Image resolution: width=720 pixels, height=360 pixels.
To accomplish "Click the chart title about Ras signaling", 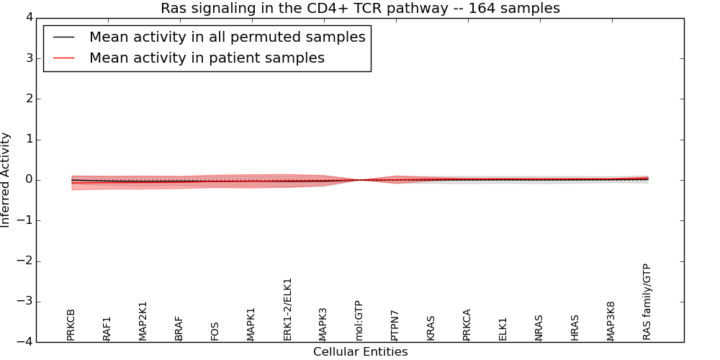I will [x=360, y=9].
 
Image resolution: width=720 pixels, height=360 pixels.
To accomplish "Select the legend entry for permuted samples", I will [x=227, y=37].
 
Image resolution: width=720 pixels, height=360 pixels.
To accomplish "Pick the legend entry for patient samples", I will [x=207, y=58].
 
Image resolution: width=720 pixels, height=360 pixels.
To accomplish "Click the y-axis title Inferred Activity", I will [x=6, y=180].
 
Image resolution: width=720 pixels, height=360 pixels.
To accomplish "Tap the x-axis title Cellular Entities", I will [x=360, y=352].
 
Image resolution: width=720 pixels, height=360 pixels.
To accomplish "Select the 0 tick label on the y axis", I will [x=28, y=180].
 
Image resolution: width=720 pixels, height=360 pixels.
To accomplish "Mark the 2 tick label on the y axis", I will [x=28, y=99].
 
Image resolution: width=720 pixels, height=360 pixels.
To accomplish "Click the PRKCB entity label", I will [x=71, y=324].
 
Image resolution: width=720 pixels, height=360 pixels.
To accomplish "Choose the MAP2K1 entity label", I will [x=143, y=320].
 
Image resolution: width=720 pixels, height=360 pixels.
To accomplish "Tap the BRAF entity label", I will [x=179, y=328].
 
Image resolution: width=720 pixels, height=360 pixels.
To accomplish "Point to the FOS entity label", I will [x=215, y=331].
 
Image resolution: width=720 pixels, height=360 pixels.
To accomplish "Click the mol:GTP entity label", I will [x=359, y=320].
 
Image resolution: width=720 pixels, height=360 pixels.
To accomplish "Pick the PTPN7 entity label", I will [x=395, y=325].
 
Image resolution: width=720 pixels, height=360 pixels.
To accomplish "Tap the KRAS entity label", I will [x=431, y=328].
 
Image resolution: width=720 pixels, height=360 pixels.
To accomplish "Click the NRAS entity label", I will [x=539, y=328].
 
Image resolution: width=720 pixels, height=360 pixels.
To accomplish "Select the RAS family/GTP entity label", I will [x=647, y=302].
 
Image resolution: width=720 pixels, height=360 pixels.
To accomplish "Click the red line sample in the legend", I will [x=64, y=58].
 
